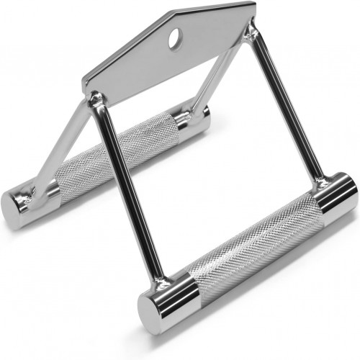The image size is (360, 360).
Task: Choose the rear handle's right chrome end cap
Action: coord(196,117)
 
